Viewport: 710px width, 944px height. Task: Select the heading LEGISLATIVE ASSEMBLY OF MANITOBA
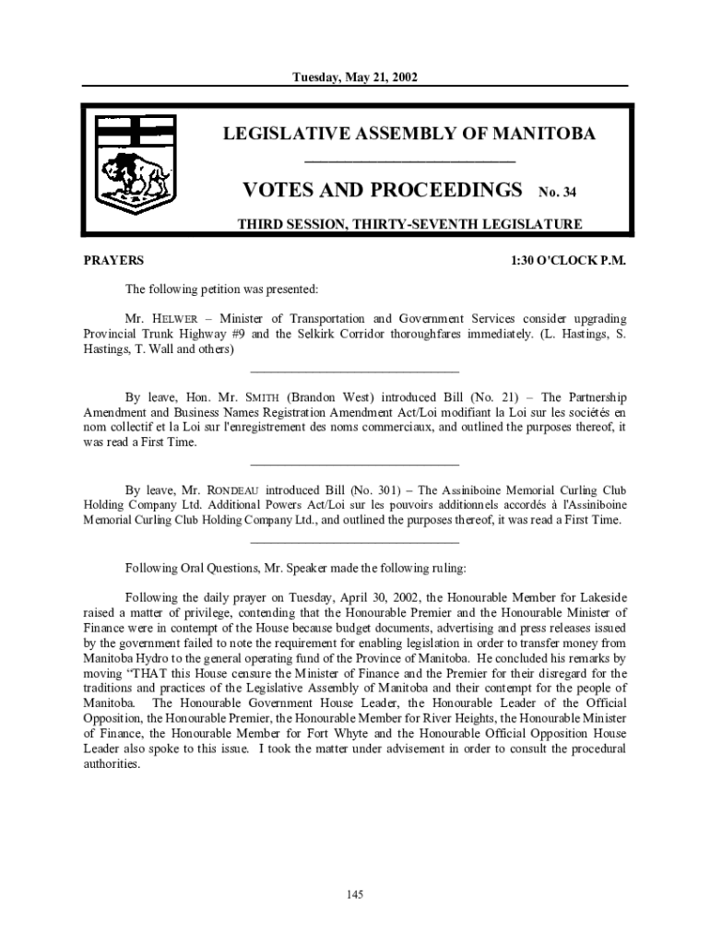tap(409, 135)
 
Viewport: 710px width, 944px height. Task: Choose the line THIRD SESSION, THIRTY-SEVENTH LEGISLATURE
tap(409, 224)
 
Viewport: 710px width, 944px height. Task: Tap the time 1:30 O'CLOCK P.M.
tap(569, 261)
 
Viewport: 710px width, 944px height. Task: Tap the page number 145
tap(355, 894)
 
